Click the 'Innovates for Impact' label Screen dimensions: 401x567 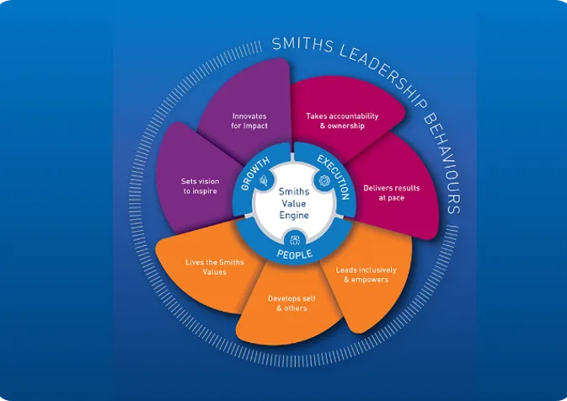tap(250, 120)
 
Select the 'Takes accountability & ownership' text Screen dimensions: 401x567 tap(341, 120)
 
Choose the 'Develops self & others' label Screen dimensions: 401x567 tap(287, 303)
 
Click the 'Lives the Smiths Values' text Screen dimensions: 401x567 tap(215, 267)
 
